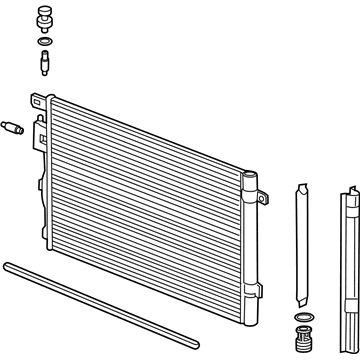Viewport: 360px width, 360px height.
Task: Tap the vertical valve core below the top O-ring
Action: click(45, 63)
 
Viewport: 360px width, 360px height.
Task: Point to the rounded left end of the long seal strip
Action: click(7, 265)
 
